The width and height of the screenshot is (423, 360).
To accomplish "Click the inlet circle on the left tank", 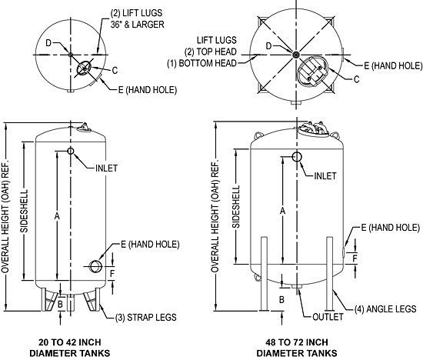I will pyautogui.click(x=71, y=151).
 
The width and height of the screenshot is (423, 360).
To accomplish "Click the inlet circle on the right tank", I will pyautogui.click(x=297, y=157).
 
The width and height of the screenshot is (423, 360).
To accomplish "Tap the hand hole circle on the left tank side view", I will pyautogui.click(x=96, y=266).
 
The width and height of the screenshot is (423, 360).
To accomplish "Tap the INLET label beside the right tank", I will pyautogui.click(x=326, y=175).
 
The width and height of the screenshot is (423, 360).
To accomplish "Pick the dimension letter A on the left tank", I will pyautogui.click(x=57, y=217).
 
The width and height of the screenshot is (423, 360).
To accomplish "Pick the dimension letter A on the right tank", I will pyautogui.click(x=283, y=210).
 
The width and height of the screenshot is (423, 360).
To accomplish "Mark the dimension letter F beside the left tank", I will pyautogui.click(x=113, y=273).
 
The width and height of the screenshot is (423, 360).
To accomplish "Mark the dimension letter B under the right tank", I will pyautogui.click(x=282, y=298).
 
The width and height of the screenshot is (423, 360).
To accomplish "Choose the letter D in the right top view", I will pyautogui.click(x=268, y=47).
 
